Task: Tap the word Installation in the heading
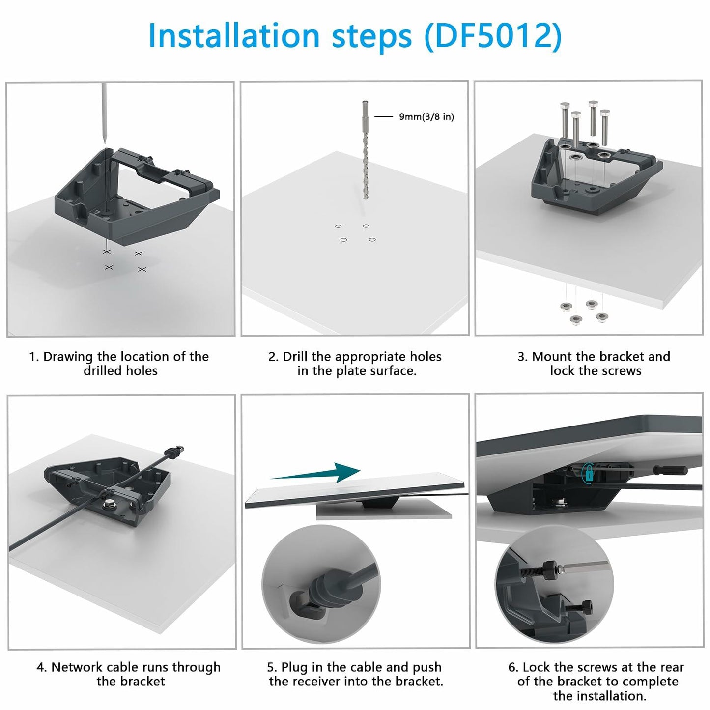233,36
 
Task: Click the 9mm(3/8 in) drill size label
426,117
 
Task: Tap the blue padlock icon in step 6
589,473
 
